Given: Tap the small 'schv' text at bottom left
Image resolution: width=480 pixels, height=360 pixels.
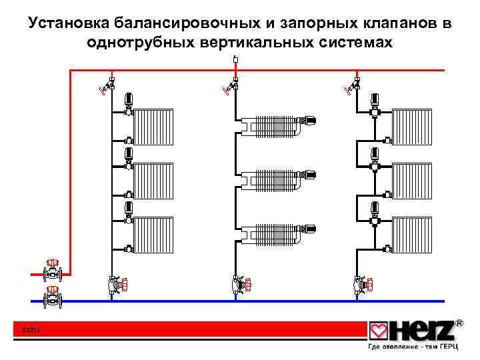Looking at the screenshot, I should click(31, 329).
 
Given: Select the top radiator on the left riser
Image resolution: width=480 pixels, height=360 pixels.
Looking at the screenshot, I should click(153, 126).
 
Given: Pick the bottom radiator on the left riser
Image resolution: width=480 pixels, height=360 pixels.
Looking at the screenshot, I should click(153, 234).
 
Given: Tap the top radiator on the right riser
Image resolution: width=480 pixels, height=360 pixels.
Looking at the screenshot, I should click(413, 126).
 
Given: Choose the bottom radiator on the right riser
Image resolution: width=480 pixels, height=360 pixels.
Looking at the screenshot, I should click(413, 234).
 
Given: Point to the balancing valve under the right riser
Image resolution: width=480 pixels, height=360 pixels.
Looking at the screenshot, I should click(361, 284).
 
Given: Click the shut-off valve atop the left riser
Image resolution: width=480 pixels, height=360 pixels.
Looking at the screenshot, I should click(107, 86).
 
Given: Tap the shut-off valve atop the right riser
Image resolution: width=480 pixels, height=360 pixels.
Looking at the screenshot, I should click(351, 86).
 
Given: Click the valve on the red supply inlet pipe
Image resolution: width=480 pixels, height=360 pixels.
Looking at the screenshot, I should click(52, 271).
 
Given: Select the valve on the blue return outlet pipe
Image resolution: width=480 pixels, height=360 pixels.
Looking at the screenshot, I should click(52, 297).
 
